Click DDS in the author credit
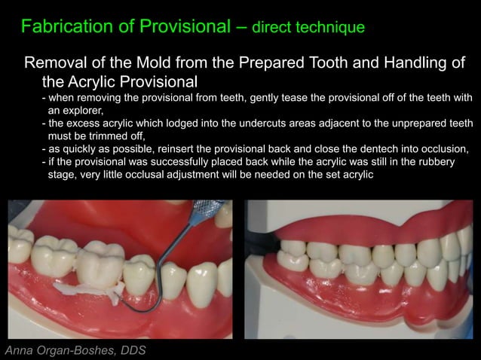128,350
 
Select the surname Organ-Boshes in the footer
73,350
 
